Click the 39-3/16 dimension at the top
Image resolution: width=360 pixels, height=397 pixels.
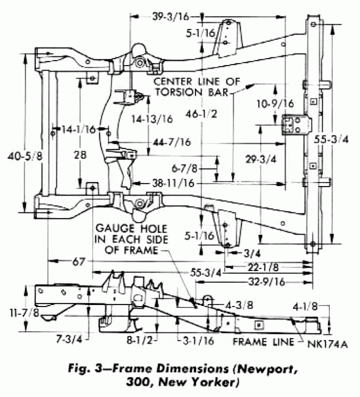(x=171, y=16)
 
